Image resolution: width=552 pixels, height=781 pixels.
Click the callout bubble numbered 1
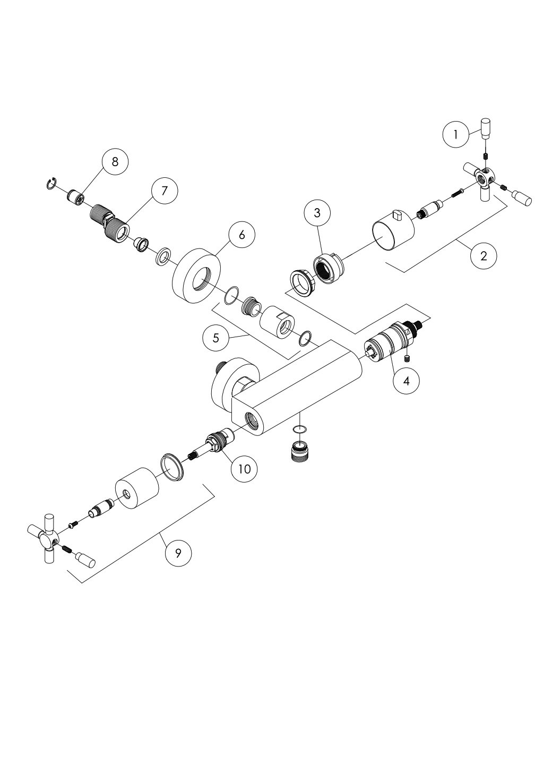pyautogui.click(x=456, y=134)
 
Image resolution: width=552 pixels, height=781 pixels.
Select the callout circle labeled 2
pyautogui.click(x=484, y=256)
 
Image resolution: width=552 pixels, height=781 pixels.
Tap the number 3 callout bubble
pyautogui.click(x=317, y=213)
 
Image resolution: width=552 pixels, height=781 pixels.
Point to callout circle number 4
pyautogui.click(x=407, y=381)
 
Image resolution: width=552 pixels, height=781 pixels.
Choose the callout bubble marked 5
pyautogui.click(x=216, y=338)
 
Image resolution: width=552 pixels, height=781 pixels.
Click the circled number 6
pyautogui.click(x=242, y=235)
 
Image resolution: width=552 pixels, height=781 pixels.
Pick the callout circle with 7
pyautogui.click(x=165, y=191)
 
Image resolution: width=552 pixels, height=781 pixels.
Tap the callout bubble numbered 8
pyautogui.click(x=115, y=162)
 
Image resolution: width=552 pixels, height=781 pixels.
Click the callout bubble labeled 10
pyautogui.click(x=245, y=469)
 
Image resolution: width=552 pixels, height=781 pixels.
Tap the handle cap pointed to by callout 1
pyautogui.click(x=486, y=128)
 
